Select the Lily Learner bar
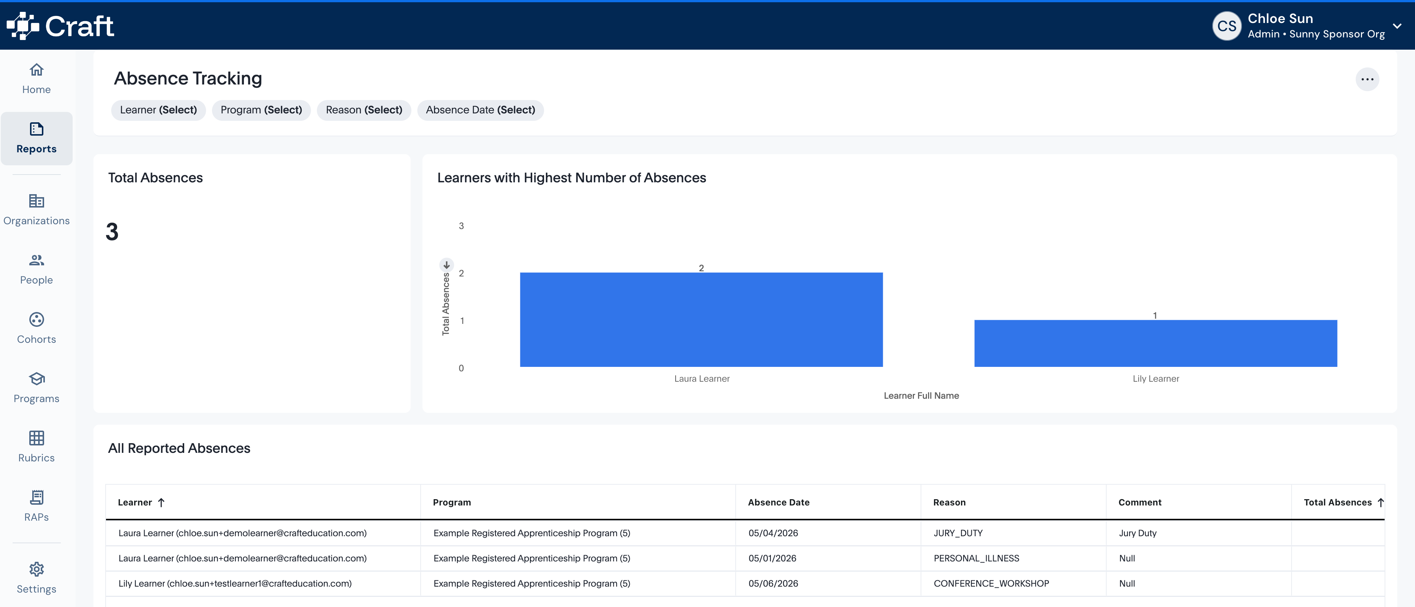(1155, 343)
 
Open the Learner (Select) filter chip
(158, 110)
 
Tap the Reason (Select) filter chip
(364, 110)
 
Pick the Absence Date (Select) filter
(480, 110)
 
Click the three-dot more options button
(1367, 79)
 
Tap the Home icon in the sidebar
(36, 70)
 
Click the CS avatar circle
(1227, 26)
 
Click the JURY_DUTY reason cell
(958, 533)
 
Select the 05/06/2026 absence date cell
(773, 583)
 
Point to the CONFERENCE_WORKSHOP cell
(991, 583)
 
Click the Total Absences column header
(1338, 502)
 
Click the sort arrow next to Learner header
(161, 502)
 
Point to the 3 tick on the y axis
(461, 226)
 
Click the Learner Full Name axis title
(921, 395)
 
